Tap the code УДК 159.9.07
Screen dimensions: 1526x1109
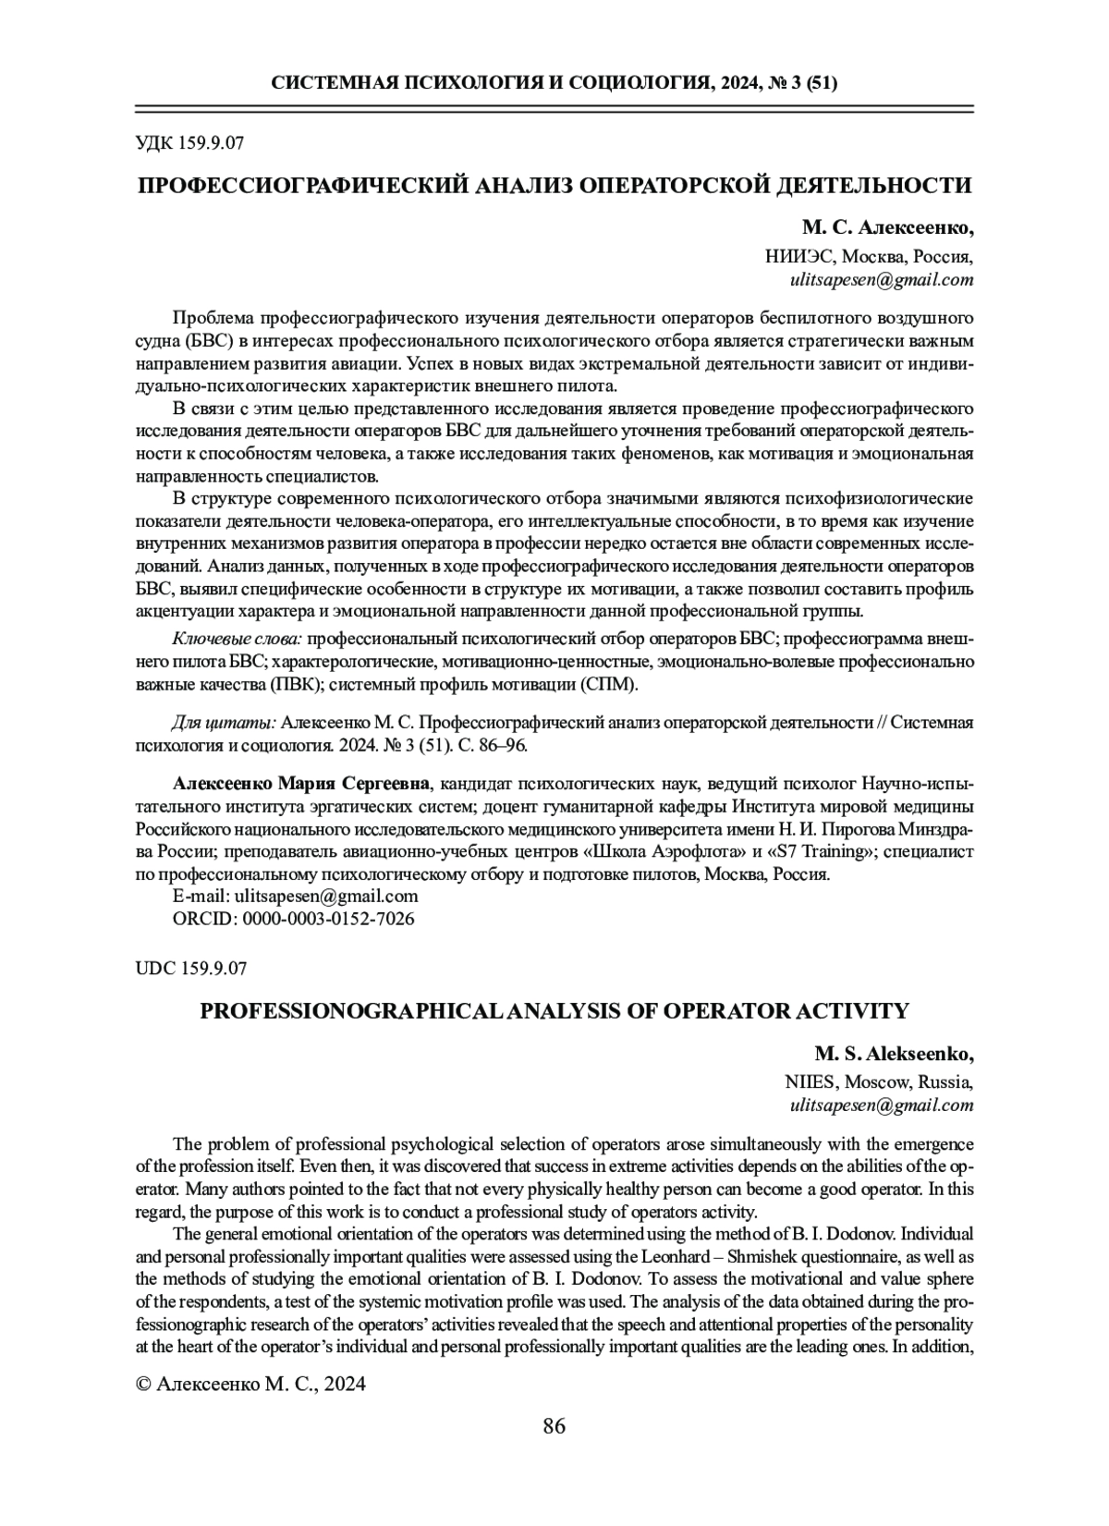pyautogui.click(x=189, y=143)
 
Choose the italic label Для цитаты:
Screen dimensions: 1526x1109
pyautogui.click(x=224, y=722)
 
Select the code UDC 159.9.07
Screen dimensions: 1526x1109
pyautogui.click(x=191, y=969)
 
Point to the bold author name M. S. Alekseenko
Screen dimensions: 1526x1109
pyautogui.click(x=893, y=1054)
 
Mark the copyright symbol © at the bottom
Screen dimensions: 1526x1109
pyautogui.click(x=143, y=1384)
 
